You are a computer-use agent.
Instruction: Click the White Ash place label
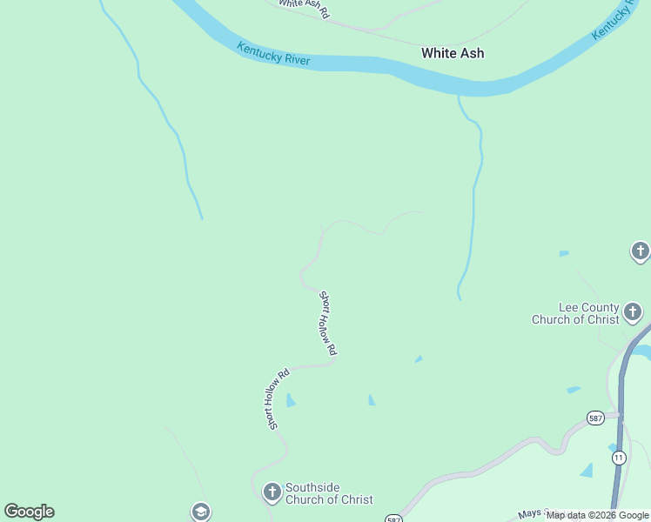point(453,53)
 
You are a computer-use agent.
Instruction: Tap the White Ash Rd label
point(305,9)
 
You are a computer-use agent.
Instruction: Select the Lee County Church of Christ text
point(575,313)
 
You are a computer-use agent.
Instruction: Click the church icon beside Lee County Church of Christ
point(633,311)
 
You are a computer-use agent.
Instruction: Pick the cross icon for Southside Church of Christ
point(271,493)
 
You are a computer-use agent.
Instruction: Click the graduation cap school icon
point(201,512)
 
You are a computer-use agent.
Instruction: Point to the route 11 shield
point(619,457)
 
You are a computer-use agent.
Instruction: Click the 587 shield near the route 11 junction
point(595,418)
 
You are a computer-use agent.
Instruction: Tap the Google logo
point(29,512)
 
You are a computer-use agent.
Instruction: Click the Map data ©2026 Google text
point(598,515)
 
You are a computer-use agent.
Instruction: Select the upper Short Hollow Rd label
point(327,324)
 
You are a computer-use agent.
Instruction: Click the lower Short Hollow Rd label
point(278,399)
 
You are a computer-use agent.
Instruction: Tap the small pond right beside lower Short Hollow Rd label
point(291,400)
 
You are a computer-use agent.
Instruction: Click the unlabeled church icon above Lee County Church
point(640,252)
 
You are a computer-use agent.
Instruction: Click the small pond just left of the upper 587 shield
point(573,390)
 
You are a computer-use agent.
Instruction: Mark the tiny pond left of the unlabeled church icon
point(564,254)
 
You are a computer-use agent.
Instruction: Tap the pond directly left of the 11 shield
point(587,471)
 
